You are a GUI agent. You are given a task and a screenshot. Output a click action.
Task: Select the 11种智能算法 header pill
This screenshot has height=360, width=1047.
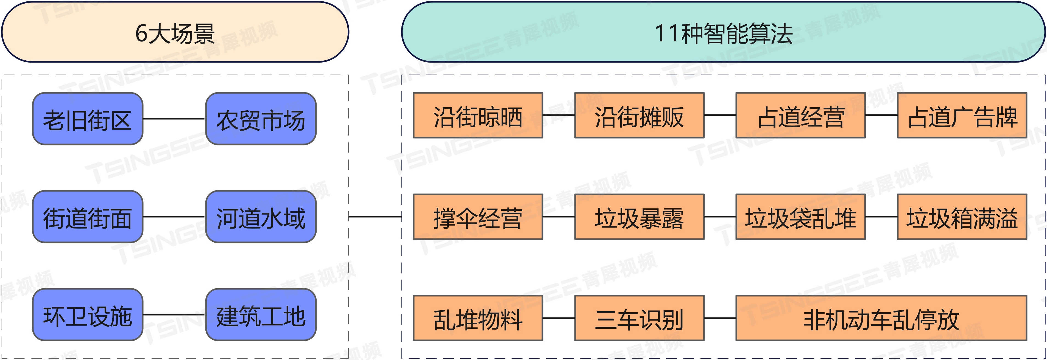pos(724,32)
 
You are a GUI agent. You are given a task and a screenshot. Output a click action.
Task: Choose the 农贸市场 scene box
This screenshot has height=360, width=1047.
pos(261,119)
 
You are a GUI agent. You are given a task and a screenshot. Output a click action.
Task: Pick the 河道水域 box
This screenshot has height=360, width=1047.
pos(261,217)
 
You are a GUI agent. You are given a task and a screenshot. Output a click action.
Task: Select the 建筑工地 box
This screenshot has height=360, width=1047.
pos(261,315)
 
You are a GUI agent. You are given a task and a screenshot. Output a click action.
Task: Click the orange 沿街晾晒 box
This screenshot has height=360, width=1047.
pos(478,116)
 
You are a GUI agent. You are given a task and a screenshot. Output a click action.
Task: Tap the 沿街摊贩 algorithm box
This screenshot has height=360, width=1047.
pos(639,116)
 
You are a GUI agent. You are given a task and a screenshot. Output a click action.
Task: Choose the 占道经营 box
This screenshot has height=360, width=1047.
pos(801,116)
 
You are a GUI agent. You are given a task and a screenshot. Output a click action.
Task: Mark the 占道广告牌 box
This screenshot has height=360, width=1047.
pos(962,116)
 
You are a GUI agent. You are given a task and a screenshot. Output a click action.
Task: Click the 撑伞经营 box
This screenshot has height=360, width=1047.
pos(478,217)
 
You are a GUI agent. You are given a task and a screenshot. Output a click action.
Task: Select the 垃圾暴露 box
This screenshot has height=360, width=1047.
pos(639,217)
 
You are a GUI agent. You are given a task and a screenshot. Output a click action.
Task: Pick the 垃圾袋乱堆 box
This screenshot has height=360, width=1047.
pos(801,217)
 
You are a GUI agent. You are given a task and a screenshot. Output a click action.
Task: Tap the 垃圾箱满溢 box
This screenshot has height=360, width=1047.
pos(962,217)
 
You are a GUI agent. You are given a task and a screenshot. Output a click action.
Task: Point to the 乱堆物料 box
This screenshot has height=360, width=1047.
pos(478,318)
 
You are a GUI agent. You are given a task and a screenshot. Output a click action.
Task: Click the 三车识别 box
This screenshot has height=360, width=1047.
pos(639,318)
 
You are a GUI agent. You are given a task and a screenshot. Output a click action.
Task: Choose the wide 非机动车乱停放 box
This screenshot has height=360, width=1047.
pos(881,318)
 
